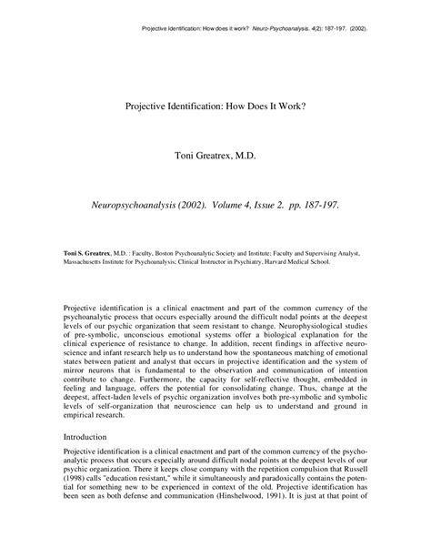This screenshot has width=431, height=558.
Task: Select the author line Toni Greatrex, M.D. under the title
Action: tap(216, 157)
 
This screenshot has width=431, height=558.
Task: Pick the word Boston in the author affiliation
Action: tap(159, 250)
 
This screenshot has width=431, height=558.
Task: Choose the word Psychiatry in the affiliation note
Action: tap(242, 259)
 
